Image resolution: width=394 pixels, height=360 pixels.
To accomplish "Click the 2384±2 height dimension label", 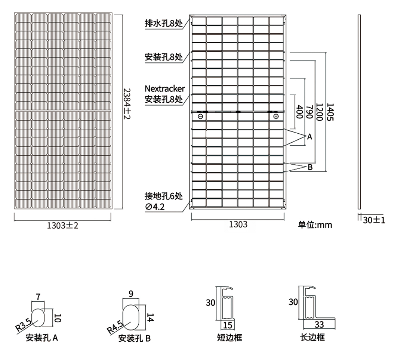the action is (x=127, y=103).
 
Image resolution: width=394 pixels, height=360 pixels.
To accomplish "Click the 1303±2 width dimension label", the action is (x=62, y=226).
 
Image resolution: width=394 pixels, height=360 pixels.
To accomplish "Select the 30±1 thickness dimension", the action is (x=374, y=220).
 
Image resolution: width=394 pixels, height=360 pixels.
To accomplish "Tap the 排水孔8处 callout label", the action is (x=164, y=24).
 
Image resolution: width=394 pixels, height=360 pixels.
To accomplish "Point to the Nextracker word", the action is (x=165, y=89).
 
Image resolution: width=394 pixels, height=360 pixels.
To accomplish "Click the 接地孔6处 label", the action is (x=164, y=196).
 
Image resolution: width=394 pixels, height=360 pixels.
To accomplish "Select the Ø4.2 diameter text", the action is (x=155, y=207).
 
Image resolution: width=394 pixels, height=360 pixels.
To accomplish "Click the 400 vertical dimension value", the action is (x=300, y=112).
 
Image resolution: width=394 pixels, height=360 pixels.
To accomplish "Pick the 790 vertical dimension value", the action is (x=309, y=112).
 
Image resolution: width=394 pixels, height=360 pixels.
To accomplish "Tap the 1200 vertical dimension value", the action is (x=319, y=112).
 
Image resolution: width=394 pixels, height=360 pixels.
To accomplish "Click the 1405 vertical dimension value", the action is (x=330, y=112).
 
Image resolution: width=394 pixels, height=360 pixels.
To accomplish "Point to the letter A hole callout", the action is (x=310, y=137).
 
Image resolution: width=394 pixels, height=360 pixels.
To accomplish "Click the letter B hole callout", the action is (x=310, y=167).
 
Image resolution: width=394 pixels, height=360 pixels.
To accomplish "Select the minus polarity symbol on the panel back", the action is (x=200, y=116).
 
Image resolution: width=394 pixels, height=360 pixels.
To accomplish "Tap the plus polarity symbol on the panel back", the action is (x=276, y=116).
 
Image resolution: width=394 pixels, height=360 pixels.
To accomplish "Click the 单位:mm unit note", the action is (x=315, y=225).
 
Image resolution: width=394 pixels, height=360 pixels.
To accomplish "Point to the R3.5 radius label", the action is (x=24, y=324).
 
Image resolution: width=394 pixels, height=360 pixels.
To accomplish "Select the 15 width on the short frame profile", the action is (x=228, y=325).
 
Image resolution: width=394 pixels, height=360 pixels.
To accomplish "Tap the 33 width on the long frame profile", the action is (x=319, y=325).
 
